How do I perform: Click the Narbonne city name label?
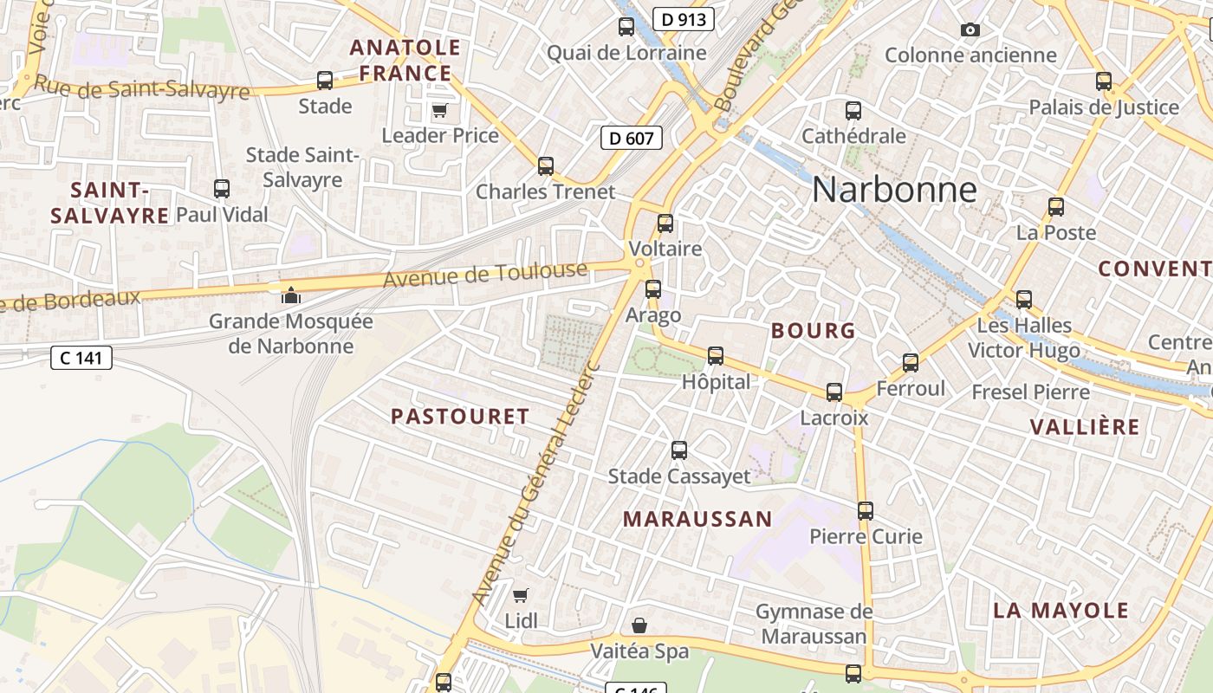pyautogui.click(x=894, y=190)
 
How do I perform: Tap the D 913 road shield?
pyautogui.click(x=683, y=19)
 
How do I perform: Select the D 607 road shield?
pyautogui.click(x=632, y=137)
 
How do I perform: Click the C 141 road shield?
pyautogui.click(x=81, y=357)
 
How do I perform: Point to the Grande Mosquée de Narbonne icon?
pyautogui.click(x=290, y=295)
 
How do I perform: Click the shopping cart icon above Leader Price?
pyautogui.click(x=439, y=111)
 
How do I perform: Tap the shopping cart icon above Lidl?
pyautogui.click(x=520, y=595)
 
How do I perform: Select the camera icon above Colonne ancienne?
pyautogui.click(x=970, y=30)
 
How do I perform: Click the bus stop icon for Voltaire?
pyautogui.click(x=665, y=223)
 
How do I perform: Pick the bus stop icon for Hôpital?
pyautogui.click(x=715, y=356)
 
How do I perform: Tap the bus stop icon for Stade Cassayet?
pyautogui.click(x=679, y=450)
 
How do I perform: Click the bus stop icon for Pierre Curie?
pyautogui.click(x=865, y=511)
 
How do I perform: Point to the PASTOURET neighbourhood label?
pyautogui.click(x=459, y=417)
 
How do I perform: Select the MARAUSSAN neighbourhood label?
pyautogui.click(x=697, y=519)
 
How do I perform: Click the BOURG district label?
pyautogui.click(x=813, y=330)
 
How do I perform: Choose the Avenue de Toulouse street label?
pyautogui.click(x=485, y=275)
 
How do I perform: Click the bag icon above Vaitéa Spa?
pyautogui.click(x=639, y=625)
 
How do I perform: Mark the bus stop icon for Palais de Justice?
pyautogui.click(x=1103, y=81)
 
